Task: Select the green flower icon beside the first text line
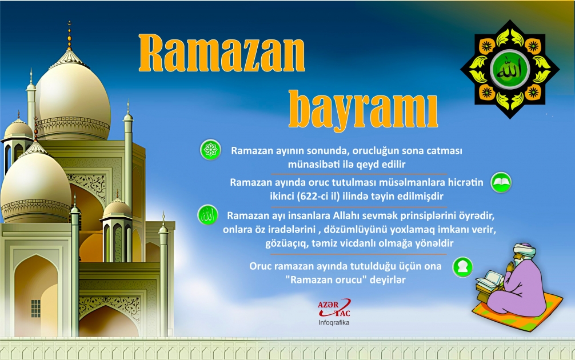click(x=210, y=150)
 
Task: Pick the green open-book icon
click(x=501, y=182)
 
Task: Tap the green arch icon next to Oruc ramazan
click(x=462, y=267)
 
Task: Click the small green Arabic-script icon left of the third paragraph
click(x=207, y=215)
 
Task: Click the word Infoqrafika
click(x=334, y=323)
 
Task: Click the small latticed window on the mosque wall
click(x=35, y=308)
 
